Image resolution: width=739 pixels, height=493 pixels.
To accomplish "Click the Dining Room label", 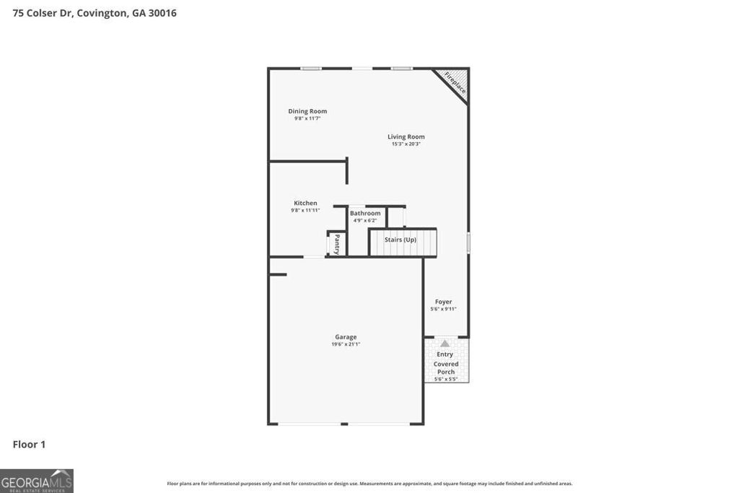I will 307,111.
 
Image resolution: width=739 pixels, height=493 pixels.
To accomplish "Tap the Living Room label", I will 406,136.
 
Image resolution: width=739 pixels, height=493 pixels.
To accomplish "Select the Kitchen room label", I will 305,203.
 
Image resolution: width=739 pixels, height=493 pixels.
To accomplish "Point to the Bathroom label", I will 365,213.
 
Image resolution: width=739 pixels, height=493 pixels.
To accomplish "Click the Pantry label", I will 337,243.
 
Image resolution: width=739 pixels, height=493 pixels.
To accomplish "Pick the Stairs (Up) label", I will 400,240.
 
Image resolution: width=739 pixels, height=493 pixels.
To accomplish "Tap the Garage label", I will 346,336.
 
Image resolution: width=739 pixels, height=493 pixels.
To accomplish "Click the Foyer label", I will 443,302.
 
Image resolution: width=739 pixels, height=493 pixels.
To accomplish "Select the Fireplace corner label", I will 455,82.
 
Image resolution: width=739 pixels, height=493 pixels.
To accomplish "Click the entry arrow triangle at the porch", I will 445,344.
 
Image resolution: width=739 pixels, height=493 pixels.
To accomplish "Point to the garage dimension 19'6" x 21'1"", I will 346,344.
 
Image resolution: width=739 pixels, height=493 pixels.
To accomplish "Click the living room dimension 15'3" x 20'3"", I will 406,144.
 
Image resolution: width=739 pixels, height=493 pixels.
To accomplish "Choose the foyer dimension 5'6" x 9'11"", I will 443,309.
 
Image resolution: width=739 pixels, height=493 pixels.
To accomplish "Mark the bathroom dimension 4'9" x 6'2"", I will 365,220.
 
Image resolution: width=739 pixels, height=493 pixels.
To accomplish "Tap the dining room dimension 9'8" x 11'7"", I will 307,118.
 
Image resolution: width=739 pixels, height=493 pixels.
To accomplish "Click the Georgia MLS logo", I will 37,481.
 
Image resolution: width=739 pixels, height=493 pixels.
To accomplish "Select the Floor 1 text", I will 29,445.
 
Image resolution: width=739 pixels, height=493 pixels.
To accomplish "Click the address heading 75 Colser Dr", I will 95,13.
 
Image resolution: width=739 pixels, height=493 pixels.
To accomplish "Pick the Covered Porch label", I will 446,368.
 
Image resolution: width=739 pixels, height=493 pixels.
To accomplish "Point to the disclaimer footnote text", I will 369,484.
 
